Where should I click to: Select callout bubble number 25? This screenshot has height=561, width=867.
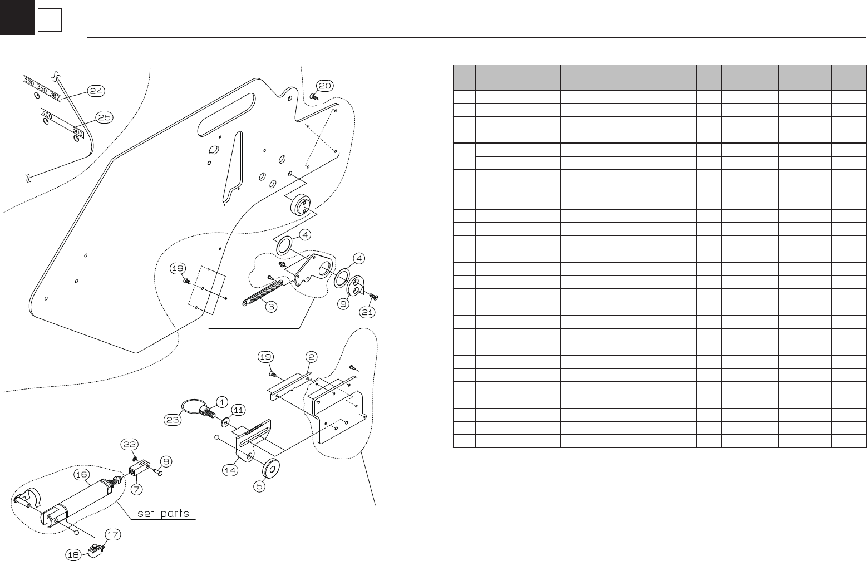coord(103,117)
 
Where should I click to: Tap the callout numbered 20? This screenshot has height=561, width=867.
coord(325,85)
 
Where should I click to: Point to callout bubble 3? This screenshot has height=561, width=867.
coord(270,306)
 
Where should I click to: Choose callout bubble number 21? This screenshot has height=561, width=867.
coord(367,313)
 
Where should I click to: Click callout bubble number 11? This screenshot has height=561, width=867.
coord(238,410)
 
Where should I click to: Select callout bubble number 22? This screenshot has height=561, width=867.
coord(129,444)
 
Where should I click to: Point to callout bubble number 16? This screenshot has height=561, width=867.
coord(81,474)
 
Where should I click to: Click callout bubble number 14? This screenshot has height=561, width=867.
coord(230,470)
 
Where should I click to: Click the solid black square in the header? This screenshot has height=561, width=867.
coord(17,17)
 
